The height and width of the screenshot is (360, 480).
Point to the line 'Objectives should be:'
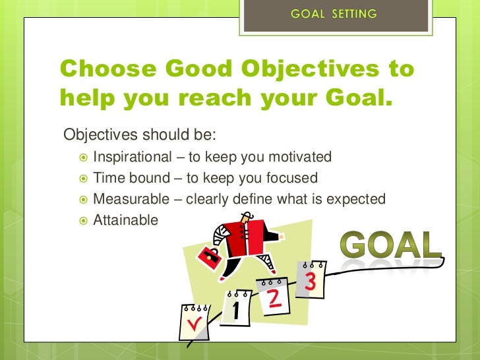pyautogui.click(x=140, y=135)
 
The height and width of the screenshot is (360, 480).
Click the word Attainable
pyautogui.click(x=125, y=220)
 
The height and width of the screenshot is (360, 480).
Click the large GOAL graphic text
pyautogui.click(x=391, y=245)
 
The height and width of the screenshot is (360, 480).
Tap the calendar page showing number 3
pyautogui.click(x=309, y=280)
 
